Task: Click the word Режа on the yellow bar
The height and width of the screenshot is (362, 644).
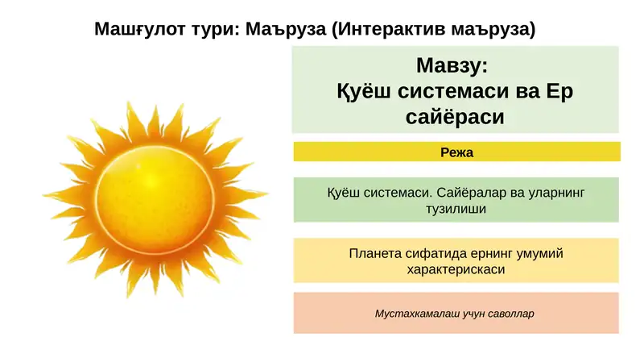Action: pyautogui.click(x=456, y=152)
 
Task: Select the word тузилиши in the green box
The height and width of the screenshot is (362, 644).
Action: pyautogui.click(x=456, y=208)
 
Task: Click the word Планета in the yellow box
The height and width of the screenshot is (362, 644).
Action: pyautogui.click(x=376, y=253)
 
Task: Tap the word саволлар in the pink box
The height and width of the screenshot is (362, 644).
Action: pyautogui.click(x=510, y=313)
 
